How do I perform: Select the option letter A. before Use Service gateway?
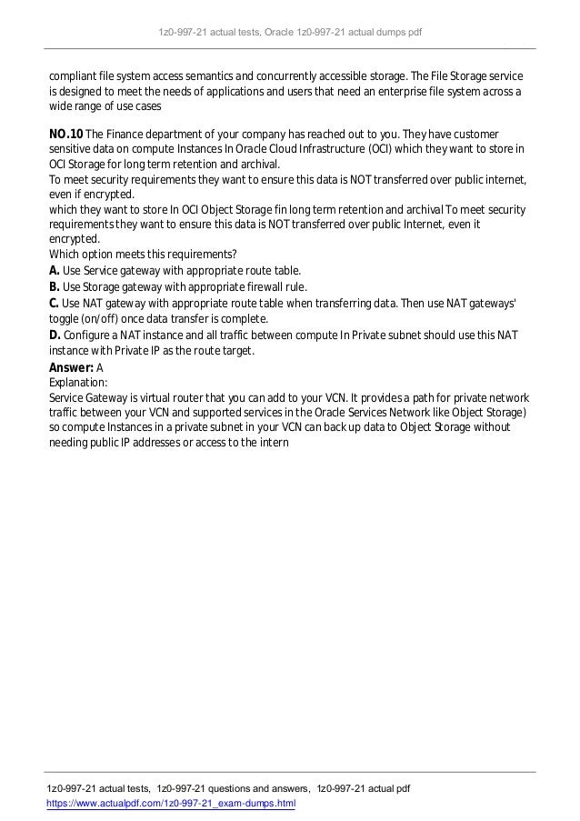tap(55, 271)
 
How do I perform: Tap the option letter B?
tap(55, 287)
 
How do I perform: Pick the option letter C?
tap(55, 304)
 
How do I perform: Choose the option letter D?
tap(55, 335)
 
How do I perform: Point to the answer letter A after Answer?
tap(100, 367)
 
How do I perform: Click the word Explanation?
tap(78, 383)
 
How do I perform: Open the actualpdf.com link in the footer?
tap(172, 806)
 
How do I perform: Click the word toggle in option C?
tap(68, 319)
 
